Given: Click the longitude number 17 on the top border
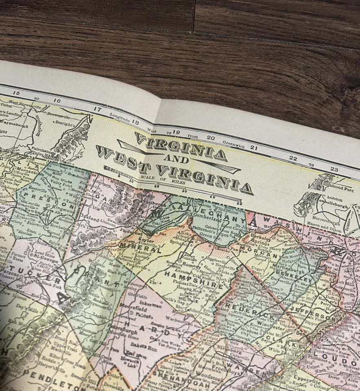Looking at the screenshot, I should [x=97, y=109].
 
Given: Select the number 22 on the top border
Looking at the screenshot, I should [x=293, y=159].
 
